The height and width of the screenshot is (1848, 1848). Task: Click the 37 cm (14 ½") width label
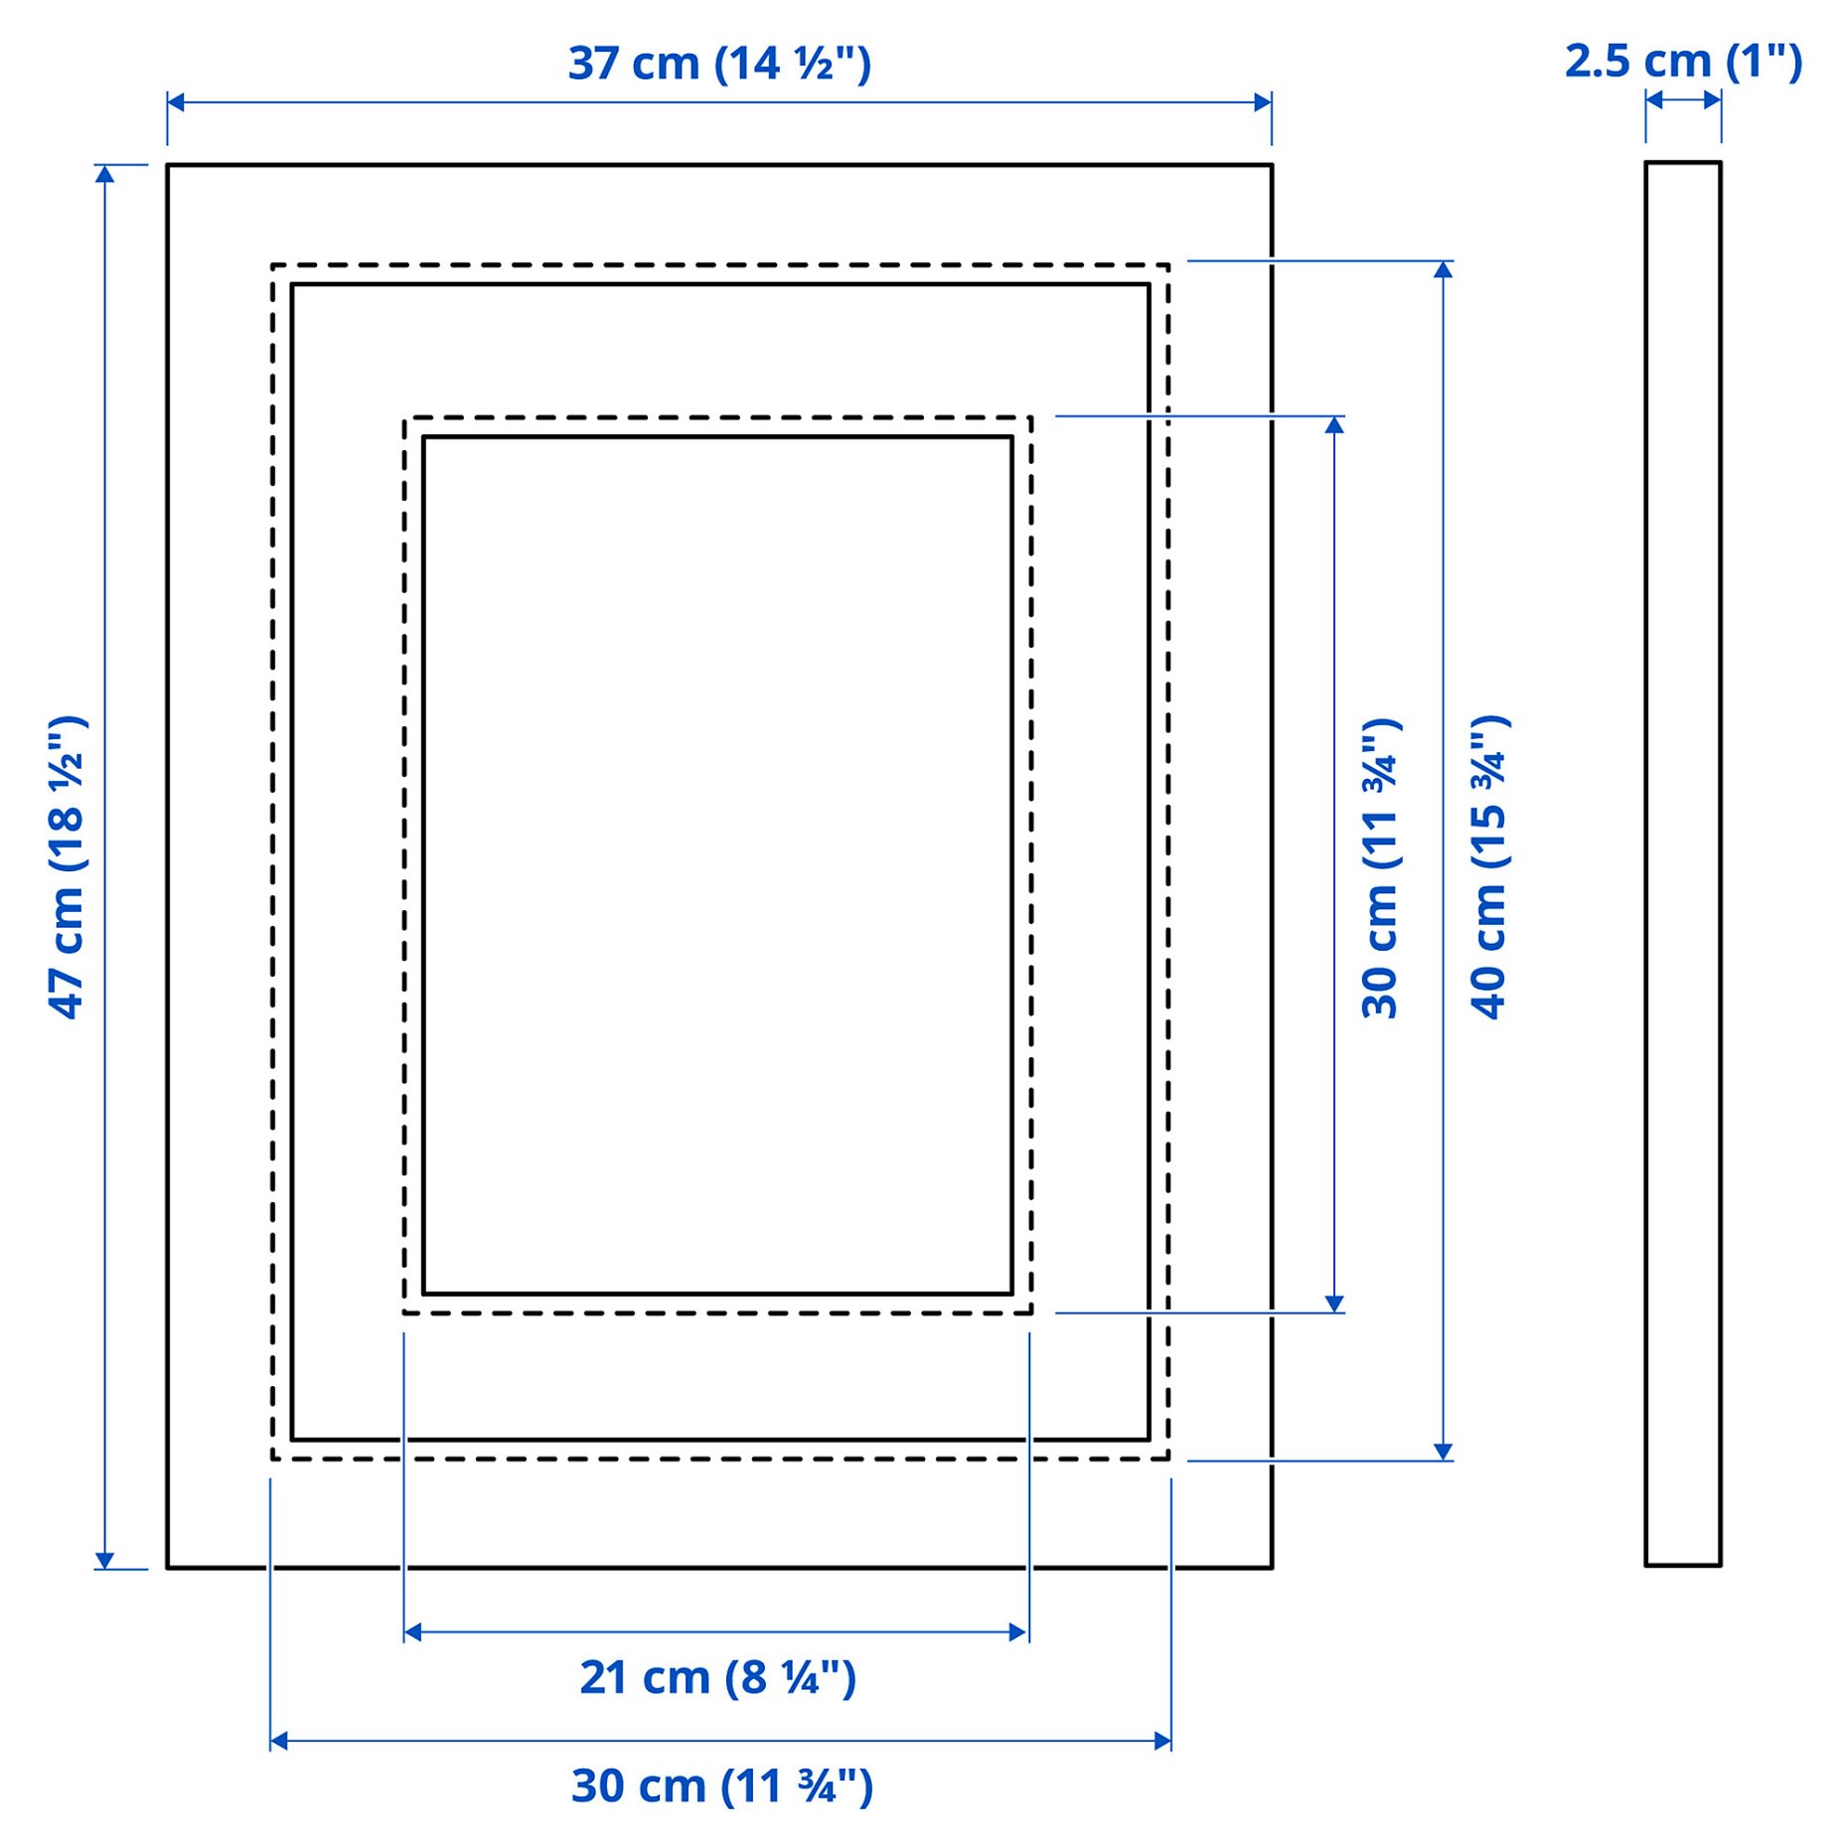pyautogui.click(x=719, y=64)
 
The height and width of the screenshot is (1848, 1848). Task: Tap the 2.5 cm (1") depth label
pyautogui.click(x=1683, y=62)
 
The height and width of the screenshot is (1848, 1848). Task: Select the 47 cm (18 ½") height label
pyautogui.click(x=68, y=866)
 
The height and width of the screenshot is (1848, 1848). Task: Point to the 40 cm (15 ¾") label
pyautogui.click(x=1489, y=866)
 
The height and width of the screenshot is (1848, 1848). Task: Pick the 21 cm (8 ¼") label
pyautogui.click(x=717, y=1678)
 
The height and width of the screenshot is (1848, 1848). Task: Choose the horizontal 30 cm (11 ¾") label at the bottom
pyautogui.click(x=721, y=1785)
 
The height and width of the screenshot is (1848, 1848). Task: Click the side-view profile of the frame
pyautogui.click(x=1682, y=863)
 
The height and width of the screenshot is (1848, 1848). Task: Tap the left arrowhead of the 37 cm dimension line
pyautogui.click(x=176, y=102)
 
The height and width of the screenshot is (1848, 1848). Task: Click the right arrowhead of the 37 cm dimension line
pyautogui.click(x=1263, y=102)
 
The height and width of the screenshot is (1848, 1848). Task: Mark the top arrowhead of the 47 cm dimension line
pyautogui.click(x=104, y=174)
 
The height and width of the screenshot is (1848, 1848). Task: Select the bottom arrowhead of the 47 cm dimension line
pyautogui.click(x=104, y=1561)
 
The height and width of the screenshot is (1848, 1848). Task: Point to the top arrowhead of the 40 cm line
pyautogui.click(x=1444, y=269)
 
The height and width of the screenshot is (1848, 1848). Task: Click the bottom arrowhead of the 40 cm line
pyautogui.click(x=1444, y=1452)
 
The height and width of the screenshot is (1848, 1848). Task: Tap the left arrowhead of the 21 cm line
pyautogui.click(x=413, y=1632)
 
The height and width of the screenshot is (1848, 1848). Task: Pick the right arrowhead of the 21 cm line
pyautogui.click(x=1018, y=1632)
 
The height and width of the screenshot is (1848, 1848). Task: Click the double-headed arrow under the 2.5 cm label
pyautogui.click(x=1683, y=100)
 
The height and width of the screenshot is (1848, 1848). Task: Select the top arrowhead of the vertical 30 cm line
pyautogui.click(x=1334, y=424)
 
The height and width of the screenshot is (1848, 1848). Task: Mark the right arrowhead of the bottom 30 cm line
pyautogui.click(x=1162, y=1741)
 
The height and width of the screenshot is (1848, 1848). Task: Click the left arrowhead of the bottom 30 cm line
pyautogui.click(x=279, y=1741)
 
